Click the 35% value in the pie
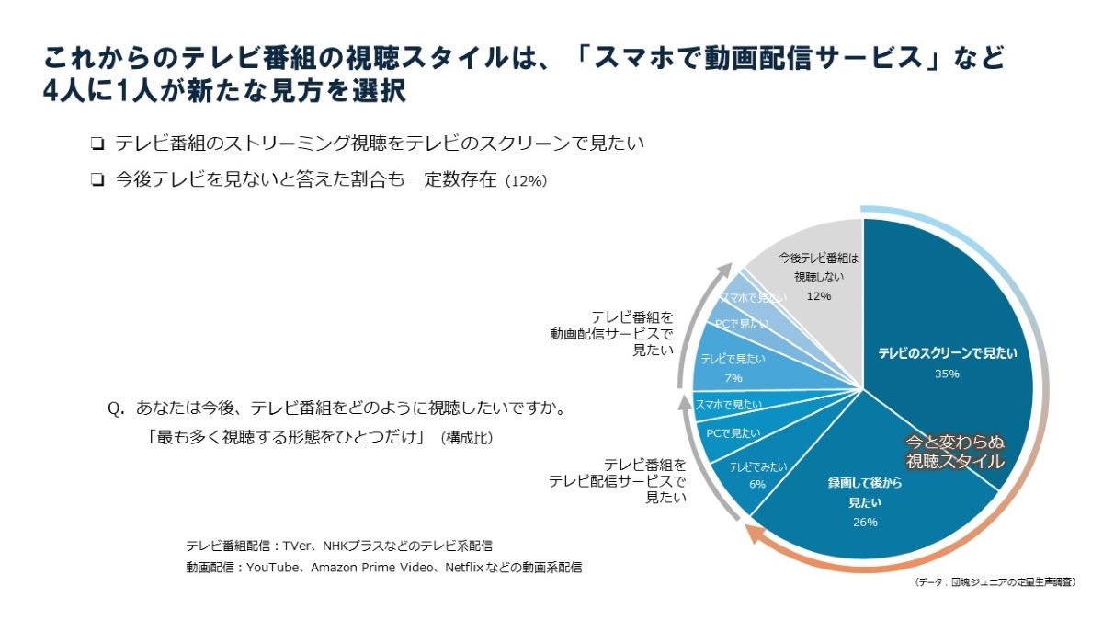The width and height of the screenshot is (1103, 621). (x=947, y=374)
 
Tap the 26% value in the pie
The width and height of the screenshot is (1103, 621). (x=865, y=523)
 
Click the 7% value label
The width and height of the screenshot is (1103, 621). (x=733, y=378)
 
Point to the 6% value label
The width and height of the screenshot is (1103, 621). (x=757, y=484)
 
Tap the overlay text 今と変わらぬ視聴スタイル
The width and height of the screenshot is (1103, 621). (x=955, y=451)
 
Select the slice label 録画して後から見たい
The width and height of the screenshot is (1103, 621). (x=865, y=494)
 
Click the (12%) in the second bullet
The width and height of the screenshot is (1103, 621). (x=527, y=181)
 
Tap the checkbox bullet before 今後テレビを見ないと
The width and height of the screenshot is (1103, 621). (x=97, y=180)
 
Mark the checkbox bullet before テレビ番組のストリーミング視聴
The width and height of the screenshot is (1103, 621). (x=97, y=144)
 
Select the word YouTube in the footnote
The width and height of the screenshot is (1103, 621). (x=274, y=568)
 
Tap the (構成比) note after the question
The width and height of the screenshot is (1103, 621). (x=466, y=439)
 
